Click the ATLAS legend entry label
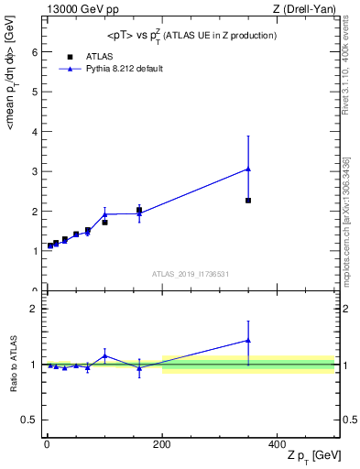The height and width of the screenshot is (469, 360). (x=99, y=56)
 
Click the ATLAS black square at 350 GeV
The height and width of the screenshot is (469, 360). (x=248, y=200)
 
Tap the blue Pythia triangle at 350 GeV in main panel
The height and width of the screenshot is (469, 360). (x=248, y=169)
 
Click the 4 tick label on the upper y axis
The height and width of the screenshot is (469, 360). (x=32, y=132)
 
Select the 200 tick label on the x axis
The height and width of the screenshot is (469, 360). (x=161, y=442)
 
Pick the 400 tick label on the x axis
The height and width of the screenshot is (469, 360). (x=277, y=442)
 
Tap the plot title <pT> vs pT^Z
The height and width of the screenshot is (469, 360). (x=191, y=35)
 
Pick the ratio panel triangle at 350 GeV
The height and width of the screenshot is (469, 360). (x=248, y=340)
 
